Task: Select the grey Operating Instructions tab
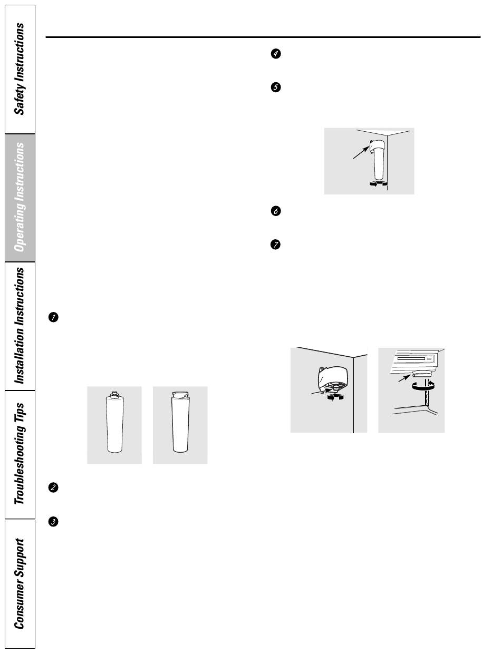[20, 198]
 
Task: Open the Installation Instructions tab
[20, 326]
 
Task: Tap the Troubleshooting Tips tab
[20, 454]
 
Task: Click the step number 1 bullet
[53, 317]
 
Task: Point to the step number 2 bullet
[53, 488]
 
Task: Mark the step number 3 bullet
[53, 522]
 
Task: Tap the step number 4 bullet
[275, 54]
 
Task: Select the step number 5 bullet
[275, 87]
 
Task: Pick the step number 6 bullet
[275, 211]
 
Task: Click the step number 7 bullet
[275, 245]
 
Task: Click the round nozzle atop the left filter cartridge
[114, 394]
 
